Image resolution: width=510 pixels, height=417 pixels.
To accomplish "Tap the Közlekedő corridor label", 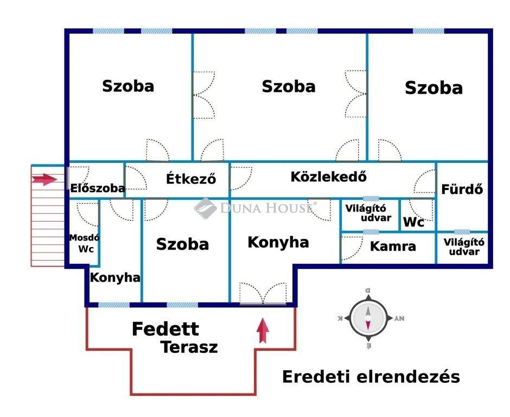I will (x=329, y=176).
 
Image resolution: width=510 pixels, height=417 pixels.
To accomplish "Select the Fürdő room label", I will (x=462, y=189).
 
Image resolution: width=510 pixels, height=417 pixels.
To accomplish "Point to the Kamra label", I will (x=393, y=246).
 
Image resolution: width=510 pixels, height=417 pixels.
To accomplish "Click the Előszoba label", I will (x=98, y=188).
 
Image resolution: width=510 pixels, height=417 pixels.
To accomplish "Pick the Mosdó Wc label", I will (x=84, y=243).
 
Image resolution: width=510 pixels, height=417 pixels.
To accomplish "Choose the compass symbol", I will (x=368, y=318).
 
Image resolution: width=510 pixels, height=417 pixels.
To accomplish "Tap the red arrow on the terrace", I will (x=263, y=331).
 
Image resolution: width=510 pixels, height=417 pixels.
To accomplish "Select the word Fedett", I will (x=165, y=329).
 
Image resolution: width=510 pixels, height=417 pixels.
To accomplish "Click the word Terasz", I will (x=189, y=347).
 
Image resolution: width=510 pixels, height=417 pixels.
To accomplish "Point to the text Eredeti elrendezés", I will (x=371, y=377).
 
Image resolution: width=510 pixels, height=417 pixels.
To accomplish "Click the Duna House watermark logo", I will (x=206, y=208).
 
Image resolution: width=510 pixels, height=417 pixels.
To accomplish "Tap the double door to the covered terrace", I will (x=263, y=294).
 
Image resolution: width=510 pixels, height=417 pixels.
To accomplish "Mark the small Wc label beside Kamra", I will (x=413, y=223).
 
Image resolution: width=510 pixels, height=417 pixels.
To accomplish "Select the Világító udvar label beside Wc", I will (x=369, y=213).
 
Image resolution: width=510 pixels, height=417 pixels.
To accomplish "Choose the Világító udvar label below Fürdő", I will (x=464, y=247).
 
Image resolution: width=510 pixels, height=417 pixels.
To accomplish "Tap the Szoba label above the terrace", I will (x=182, y=244).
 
